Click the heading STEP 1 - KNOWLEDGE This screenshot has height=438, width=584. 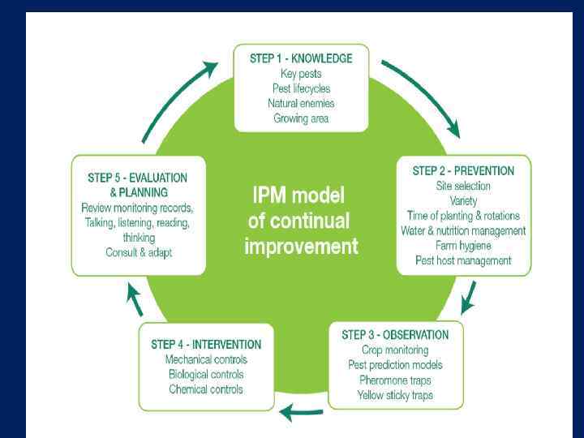pyautogui.click(x=301, y=58)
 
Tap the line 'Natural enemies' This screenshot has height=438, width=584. pyautogui.click(x=301, y=103)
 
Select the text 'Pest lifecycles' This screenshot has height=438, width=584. pyautogui.click(x=301, y=88)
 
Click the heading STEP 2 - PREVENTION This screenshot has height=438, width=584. pyautogui.click(x=463, y=171)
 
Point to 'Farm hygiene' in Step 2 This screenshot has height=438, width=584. pyautogui.click(x=463, y=246)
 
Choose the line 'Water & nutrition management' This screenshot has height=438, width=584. pyautogui.click(x=463, y=230)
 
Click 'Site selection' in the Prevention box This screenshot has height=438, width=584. pyautogui.click(x=463, y=186)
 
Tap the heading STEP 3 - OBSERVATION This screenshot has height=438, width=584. pyautogui.click(x=395, y=335)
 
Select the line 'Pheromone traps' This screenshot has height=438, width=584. pyautogui.click(x=395, y=380)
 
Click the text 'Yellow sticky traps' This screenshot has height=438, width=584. pyautogui.click(x=395, y=395)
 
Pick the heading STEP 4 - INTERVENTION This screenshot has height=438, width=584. pyautogui.click(x=206, y=345)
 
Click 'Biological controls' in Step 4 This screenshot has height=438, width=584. pyautogui.click(x=206, y=375)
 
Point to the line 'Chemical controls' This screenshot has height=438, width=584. pyautogui.click(x=206, y=389)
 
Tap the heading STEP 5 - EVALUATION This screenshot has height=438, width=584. pyautogui.click(x=137, y=178)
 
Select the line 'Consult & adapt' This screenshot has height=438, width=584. pyautogui.click(x=139, y=252)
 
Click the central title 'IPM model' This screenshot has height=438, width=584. pyautogui.click(x=299, y=196)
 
